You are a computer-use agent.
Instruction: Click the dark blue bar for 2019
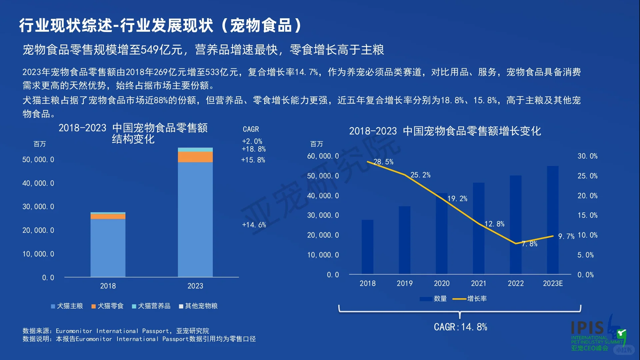[404, 240]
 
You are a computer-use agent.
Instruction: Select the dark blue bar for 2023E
[553, 220]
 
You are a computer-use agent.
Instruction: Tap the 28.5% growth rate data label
[383, 162]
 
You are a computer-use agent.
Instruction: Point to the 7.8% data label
[529, 244]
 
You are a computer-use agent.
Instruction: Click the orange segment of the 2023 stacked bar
[195, 157]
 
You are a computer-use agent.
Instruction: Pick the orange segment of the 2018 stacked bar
[108, 216]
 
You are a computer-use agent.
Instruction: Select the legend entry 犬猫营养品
[151, 306]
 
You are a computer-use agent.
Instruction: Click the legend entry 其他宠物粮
[198, 306]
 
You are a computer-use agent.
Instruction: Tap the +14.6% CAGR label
[254, 225]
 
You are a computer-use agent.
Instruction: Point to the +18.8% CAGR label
[254, 149]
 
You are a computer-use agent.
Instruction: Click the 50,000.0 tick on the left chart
[38, 160]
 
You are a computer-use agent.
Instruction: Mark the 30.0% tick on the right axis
[587, 156]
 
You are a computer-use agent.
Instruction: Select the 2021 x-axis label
[478, 283]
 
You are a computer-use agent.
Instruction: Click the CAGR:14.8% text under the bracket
[460, 327]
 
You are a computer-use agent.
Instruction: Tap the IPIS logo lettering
[587, 328]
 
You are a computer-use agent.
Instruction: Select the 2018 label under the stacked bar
[108, 286]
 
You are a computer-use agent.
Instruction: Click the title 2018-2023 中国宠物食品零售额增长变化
[445, 131]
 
